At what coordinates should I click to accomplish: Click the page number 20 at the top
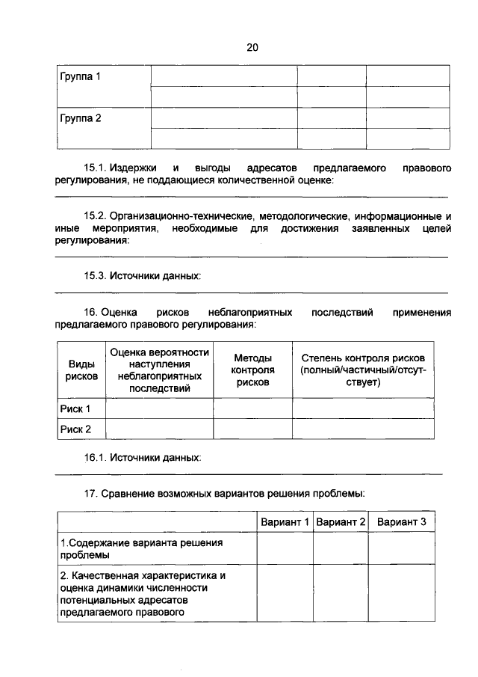tap(252, 47)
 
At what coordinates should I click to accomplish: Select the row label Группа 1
tap(81, 76)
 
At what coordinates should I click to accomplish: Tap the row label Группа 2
tap(81, 118)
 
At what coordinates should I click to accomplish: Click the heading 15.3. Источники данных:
tap(143, 276)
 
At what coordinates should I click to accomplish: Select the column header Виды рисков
tap(81, 370)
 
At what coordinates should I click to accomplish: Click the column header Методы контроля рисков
tap(252, 370)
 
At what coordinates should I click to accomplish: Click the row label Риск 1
tap(75, 408)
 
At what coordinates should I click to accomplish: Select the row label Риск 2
tap(75, 429)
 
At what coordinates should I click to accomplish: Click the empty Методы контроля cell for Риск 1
tap(252, 408)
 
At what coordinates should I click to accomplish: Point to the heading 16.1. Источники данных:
tap(143, 456)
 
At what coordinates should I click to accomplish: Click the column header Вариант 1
tap(285, 521)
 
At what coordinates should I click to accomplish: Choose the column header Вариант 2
tap(340, 521)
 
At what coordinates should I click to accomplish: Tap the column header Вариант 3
tap(401, 521)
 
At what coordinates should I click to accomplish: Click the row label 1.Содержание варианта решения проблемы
tap(142, 549)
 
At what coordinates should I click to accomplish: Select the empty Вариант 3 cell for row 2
tap(401, 594)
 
